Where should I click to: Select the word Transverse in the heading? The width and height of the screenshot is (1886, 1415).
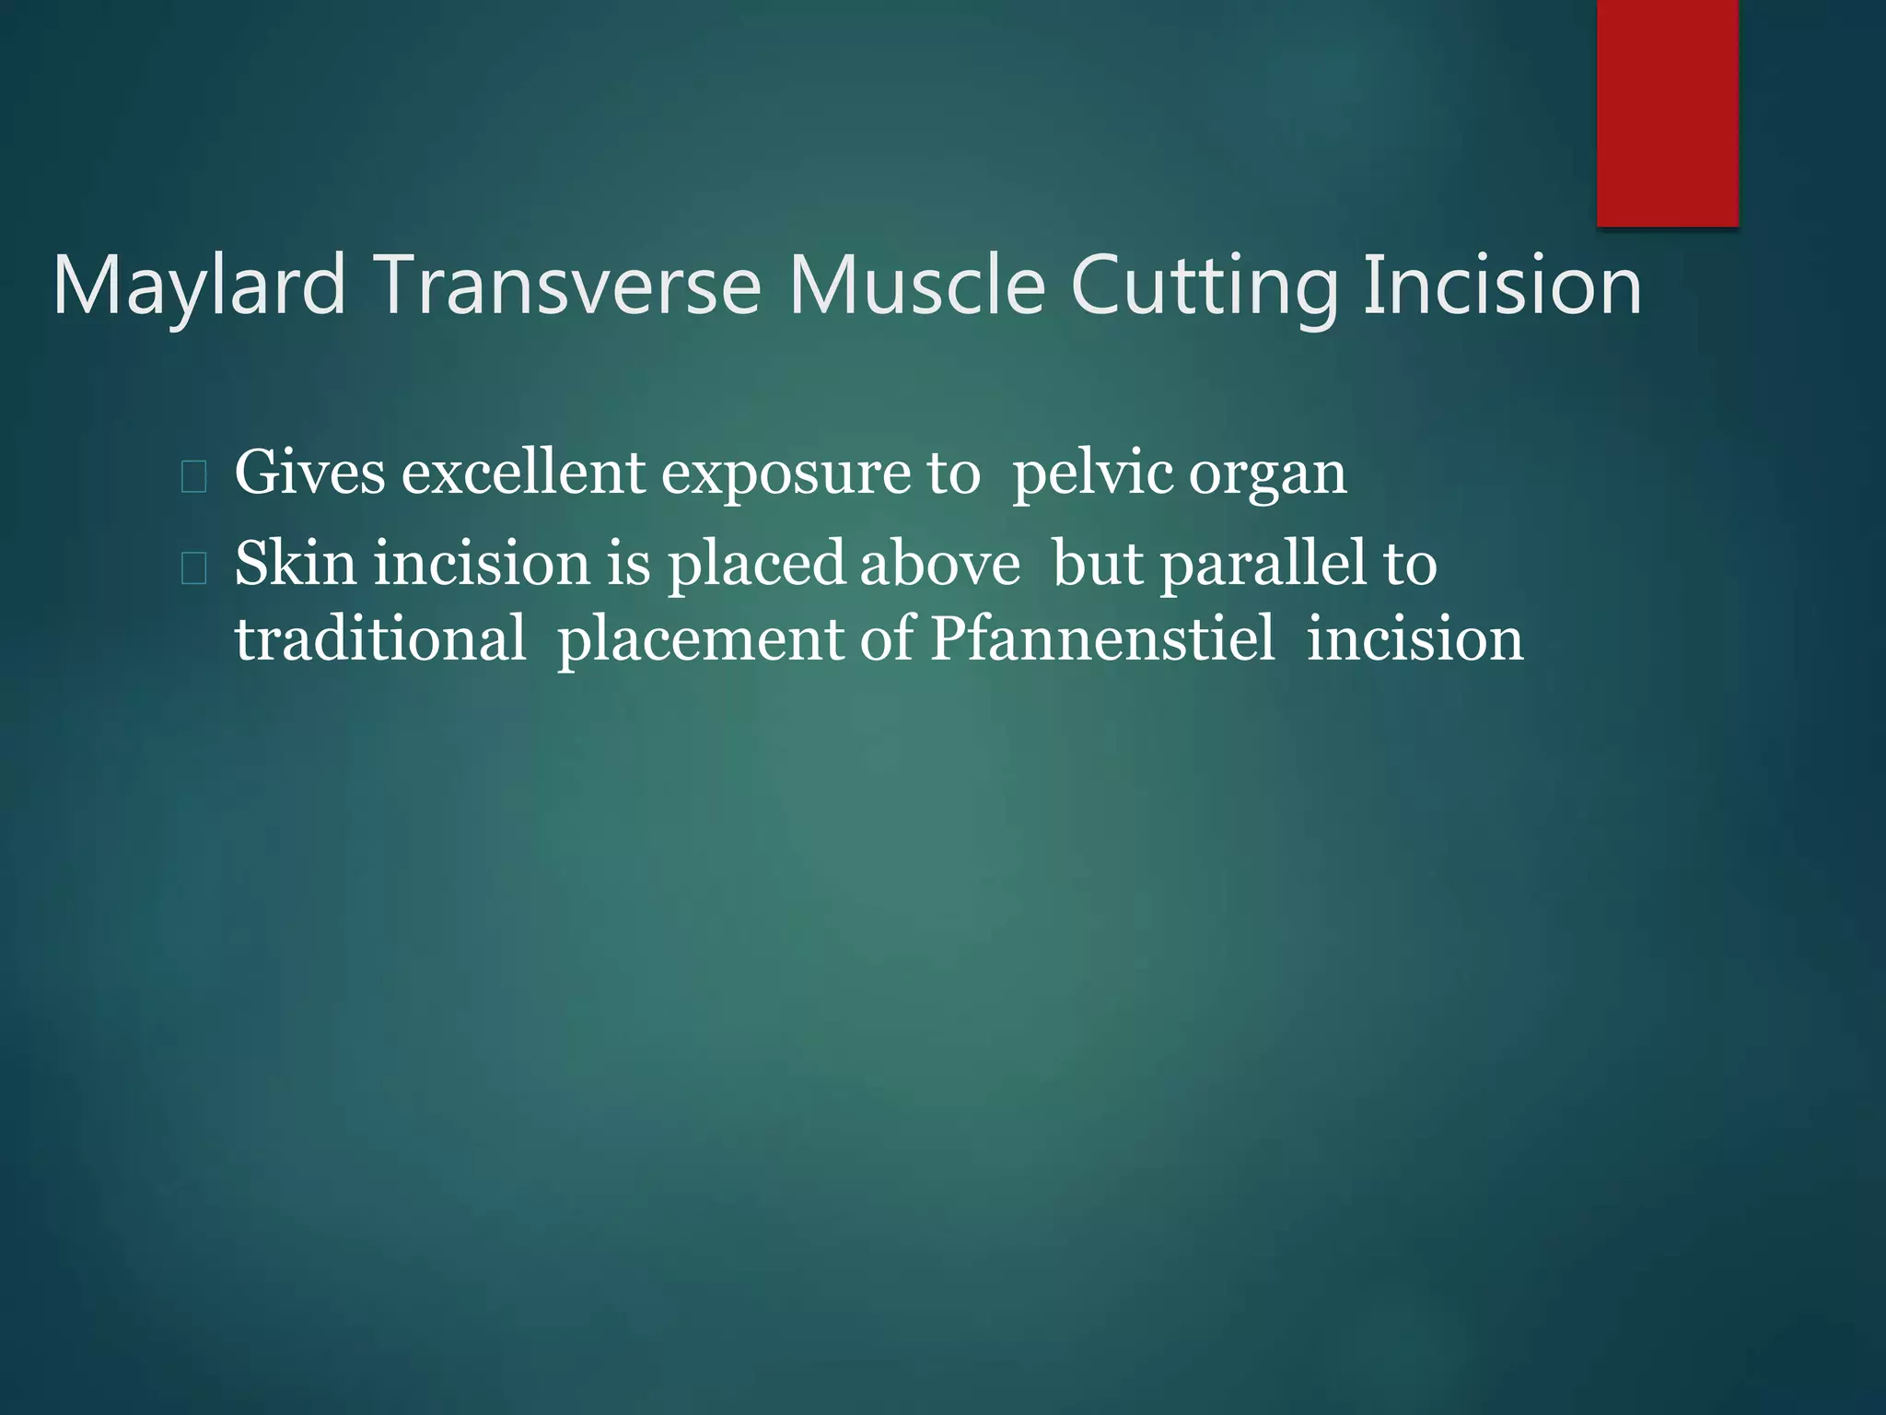567,285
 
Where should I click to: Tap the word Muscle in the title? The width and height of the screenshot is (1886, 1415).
916,285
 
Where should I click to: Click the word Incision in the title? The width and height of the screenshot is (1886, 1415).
1502,285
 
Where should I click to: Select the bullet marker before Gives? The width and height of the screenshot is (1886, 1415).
193,477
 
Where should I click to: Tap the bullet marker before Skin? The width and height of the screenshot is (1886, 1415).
193,569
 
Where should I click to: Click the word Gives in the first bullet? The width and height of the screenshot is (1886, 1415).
309,474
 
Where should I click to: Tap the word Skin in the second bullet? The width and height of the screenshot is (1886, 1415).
295,564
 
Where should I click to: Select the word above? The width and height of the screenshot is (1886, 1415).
940,564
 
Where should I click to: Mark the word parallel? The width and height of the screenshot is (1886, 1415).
1263,564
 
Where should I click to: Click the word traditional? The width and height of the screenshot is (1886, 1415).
380,639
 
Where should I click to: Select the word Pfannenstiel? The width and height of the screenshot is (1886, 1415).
1102,639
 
